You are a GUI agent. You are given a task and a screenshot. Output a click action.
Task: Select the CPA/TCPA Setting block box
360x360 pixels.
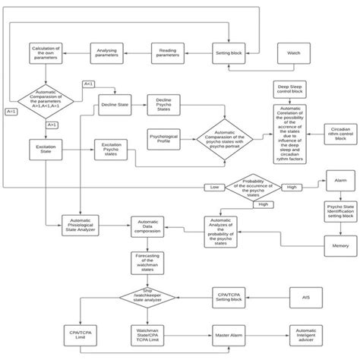click(x=226, y=298)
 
